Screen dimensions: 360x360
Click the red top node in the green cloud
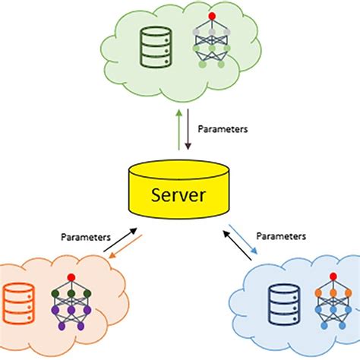pyautogui.click(x=211, y=15)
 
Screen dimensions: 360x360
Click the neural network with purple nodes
pyautogui.click(x=71, y=300)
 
